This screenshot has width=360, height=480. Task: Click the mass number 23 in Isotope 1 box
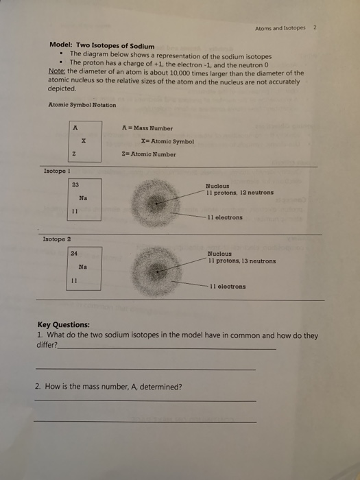pos(75,184)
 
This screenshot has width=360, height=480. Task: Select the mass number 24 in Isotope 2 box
pos(74,254)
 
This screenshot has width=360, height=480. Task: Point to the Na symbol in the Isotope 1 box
pos(82,197)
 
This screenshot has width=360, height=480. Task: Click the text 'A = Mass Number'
pos(147,128)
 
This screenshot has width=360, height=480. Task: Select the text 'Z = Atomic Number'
pos(148,154)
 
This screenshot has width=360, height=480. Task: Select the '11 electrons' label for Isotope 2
pos(228,287)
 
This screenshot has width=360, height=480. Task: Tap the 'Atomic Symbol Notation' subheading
pos(82,104)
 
